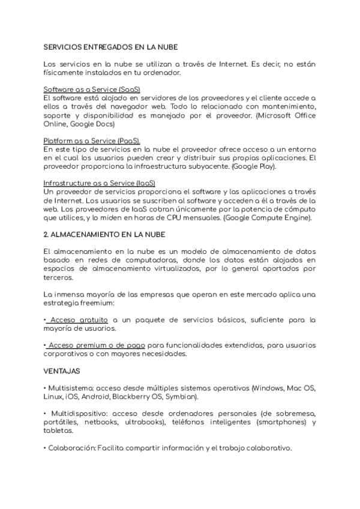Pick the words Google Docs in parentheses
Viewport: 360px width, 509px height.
tap(93, 124)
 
